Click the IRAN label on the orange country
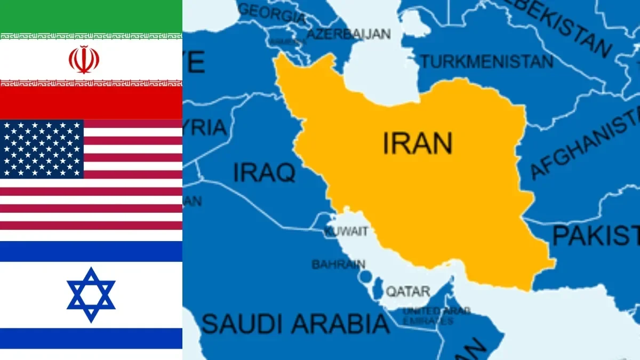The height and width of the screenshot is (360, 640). tap(418, 143)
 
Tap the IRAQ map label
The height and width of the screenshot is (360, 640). tap(264, 172)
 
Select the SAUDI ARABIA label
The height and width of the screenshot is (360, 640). tap(295, 323)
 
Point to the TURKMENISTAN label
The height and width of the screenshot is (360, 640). tap(487, 61)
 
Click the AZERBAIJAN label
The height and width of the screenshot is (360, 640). tap(349, 34)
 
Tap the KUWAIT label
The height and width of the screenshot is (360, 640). tap(346, 231)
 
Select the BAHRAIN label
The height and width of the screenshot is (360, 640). tap(338, 264)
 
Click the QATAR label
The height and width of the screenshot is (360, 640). tap(407, 291)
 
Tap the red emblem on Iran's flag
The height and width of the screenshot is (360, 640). tap(84, 59)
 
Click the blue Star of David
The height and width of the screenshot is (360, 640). tap(91, 295)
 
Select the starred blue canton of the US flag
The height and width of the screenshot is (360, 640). tap(42, 149)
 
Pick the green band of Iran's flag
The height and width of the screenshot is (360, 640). tap(91, 16)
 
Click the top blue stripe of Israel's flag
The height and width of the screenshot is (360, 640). tap(91, 251)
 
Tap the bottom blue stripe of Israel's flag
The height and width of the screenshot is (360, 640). tap(91, 338)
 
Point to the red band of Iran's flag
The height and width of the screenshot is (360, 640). tap(91, 103)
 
